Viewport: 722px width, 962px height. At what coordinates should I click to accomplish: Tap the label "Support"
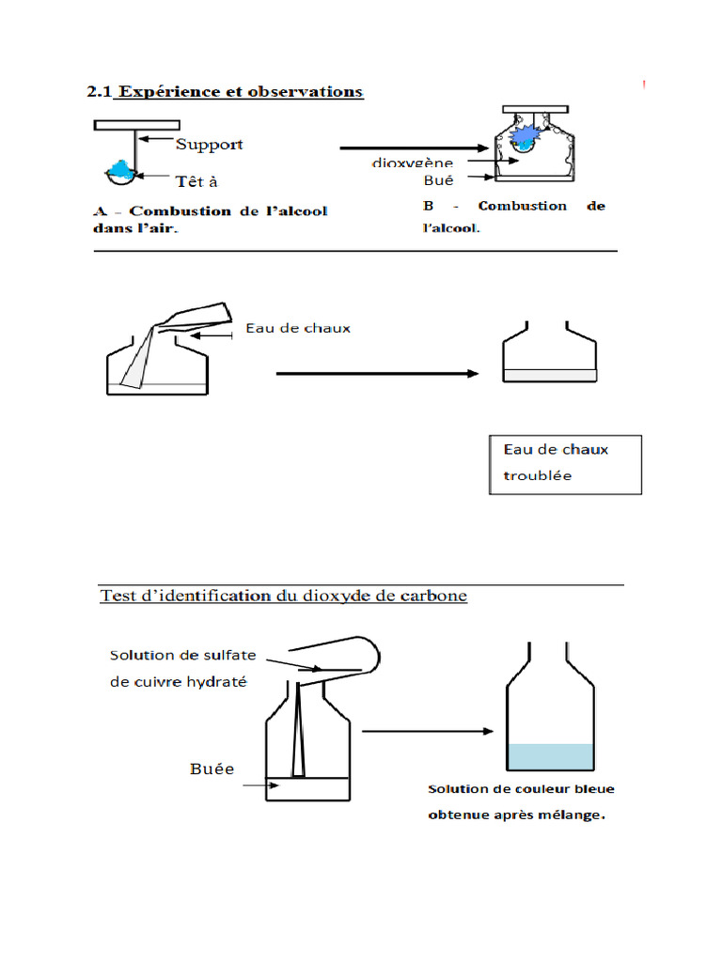(209, 144)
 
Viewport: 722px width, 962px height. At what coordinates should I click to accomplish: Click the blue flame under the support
(121, 168)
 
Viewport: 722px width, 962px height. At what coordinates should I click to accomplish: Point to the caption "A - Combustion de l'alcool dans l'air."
(209, 219)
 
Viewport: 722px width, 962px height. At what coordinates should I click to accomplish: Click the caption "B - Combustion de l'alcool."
(512, 215)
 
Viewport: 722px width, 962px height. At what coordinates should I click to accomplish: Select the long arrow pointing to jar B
(415, 147)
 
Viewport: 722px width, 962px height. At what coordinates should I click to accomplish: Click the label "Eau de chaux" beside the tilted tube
(297, 328)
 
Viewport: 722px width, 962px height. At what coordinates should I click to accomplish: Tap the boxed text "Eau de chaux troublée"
(565, 463)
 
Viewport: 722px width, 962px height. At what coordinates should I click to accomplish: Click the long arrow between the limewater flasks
(377, 373)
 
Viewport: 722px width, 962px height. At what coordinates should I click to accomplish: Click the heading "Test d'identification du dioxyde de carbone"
(283, 596)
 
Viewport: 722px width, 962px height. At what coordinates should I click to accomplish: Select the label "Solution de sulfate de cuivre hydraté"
(182, 668)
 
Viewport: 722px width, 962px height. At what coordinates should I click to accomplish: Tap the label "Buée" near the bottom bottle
(212, 769)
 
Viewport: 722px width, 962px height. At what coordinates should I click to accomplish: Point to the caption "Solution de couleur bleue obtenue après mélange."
(521, 801)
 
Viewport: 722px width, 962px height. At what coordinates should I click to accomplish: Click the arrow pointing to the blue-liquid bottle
(428, 730)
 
